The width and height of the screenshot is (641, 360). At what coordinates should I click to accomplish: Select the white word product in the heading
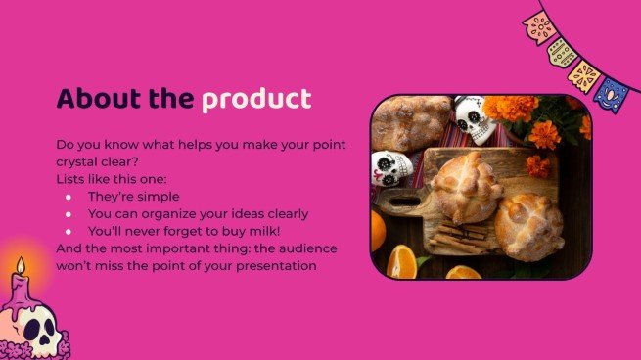pos(256,99)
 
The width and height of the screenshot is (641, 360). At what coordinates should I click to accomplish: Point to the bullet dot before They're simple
pos(69,196)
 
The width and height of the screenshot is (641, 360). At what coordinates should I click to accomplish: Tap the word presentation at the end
pos(274,266)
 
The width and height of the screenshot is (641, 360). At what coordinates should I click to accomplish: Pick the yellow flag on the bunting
pos(585,75)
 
